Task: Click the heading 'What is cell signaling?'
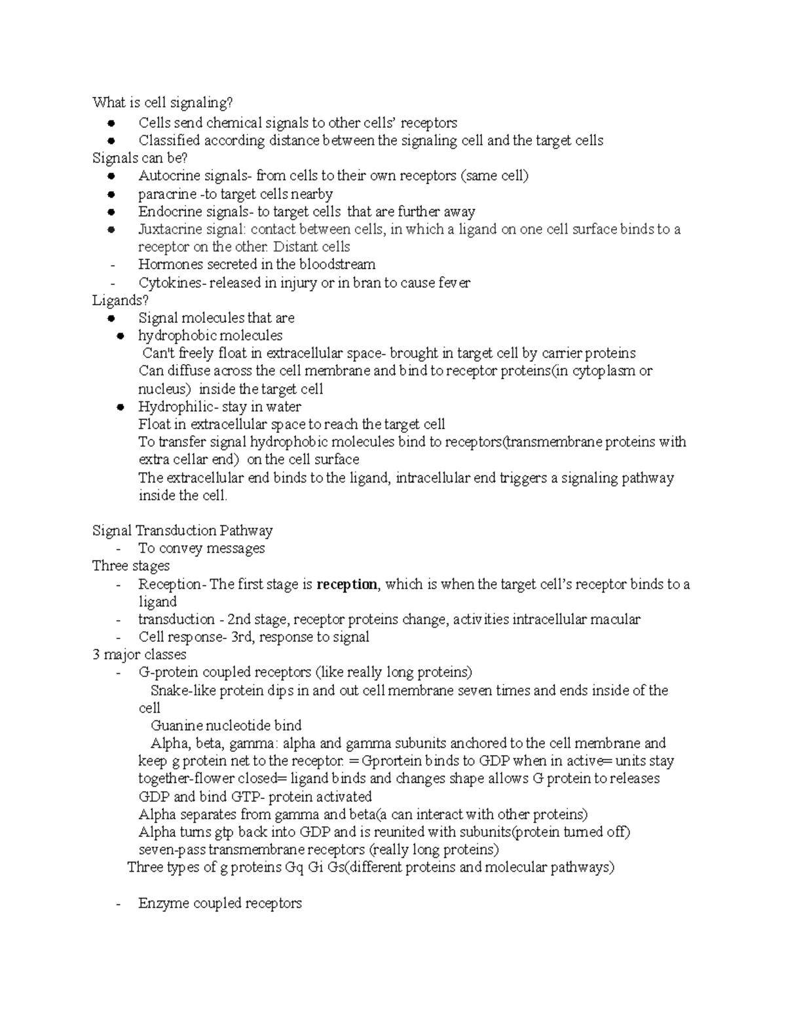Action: (162, 103)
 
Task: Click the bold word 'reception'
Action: (346, 584)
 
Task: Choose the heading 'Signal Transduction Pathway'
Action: (182, 530)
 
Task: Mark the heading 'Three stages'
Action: (131, 566)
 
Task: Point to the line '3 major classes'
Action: (139, 655)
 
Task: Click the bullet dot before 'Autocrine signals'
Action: (113, 176)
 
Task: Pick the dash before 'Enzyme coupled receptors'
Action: (117, 904)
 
